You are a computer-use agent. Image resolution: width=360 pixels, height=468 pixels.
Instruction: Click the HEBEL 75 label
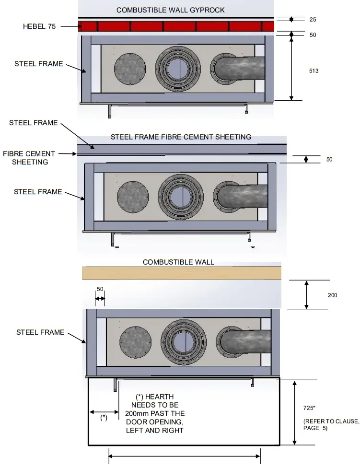(39, 26)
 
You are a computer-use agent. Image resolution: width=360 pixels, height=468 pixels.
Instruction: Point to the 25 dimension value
(313, 20)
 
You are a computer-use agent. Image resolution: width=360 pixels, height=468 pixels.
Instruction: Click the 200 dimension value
(332, 295)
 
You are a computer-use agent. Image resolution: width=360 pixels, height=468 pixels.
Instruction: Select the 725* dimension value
(310, 408)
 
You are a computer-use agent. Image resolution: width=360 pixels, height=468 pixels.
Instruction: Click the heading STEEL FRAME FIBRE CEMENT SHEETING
(181, 137)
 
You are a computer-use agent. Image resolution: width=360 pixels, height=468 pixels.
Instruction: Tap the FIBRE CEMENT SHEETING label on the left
(29, 158)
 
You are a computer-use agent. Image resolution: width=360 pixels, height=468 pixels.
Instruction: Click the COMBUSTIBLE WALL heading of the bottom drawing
(178, 262)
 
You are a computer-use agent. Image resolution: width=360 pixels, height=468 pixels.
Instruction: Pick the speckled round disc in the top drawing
(130, 68)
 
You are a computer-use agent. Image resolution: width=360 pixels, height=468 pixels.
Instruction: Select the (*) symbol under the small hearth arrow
(104, 417)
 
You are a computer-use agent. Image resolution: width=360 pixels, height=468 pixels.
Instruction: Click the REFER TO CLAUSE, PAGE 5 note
(331, 424)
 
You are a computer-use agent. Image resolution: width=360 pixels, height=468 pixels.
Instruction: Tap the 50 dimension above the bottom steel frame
(100, 289)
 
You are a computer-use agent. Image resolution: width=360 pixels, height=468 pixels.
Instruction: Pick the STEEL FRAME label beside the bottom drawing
(40, 332)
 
